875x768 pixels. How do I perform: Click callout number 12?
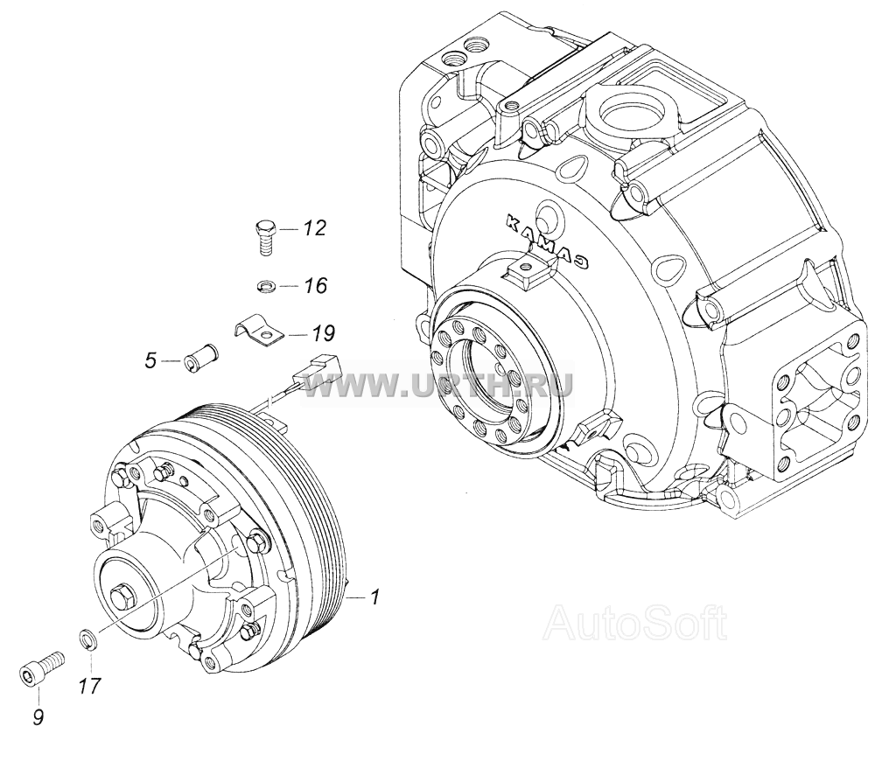[x=314, y=228]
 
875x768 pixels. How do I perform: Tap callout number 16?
[x=315, y=286]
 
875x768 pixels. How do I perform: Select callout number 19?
[x=323, y=333]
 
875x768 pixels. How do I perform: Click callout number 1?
[x=375, y=597]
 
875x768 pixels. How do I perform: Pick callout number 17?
[x=90, y=686]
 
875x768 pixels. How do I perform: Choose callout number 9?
[x=38, y=716]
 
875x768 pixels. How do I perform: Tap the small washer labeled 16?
[x=266, y=286]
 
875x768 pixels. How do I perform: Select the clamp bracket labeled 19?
[x=258, y=332]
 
